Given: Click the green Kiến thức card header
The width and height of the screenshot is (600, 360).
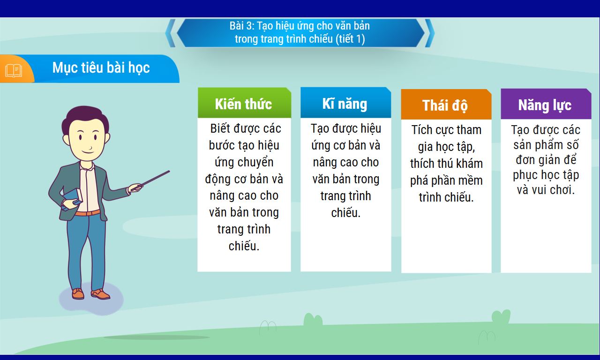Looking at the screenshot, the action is click(x=244, y=103).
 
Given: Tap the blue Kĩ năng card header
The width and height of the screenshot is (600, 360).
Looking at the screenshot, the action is click(x=346, y=103).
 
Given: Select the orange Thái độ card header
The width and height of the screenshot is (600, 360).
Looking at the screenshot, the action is click(x=446, y=105).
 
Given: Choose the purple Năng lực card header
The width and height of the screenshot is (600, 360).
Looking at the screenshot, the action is click(x=546, y=104).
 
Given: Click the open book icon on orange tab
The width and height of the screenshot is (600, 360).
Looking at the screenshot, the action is click(x=14, y=71).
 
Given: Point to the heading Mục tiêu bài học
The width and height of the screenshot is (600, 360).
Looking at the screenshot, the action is click(x=101, y=67).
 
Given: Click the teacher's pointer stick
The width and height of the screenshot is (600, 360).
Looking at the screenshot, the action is click(x=150, y=180).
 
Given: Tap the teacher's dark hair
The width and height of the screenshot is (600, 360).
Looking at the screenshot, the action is click(x=85, y=119).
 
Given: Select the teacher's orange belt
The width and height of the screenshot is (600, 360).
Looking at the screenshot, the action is click(x=87, y=213).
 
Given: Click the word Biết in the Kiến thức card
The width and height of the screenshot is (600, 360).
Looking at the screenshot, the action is click(x=220, y=128).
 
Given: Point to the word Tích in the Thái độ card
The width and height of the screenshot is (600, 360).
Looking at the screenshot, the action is click(x=421, y=130).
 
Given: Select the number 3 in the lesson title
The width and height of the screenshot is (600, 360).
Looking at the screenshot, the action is click(x=249, y=26).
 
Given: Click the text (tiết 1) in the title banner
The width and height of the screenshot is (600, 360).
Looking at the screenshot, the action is click(x=350, y=39).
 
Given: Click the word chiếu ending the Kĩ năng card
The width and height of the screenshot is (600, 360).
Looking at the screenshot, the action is click(x=346, y=213).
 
